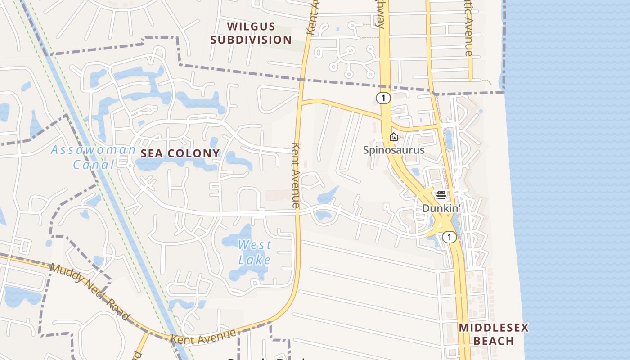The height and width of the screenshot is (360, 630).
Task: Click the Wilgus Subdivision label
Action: click(x=251, y=33)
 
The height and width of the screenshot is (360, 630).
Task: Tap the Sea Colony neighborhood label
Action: click(x=180, y=153)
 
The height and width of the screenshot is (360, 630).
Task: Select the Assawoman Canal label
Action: click(x=94, y=157)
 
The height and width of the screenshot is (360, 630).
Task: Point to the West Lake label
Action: click(x=255, y=252)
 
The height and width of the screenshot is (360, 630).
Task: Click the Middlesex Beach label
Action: click(x=494, y=334)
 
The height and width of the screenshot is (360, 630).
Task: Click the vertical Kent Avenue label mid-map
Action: click(x=296, y=175)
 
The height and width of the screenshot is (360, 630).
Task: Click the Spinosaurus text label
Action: click(x=394, y=150)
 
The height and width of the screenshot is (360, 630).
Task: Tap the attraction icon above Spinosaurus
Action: click(x=394, y=137)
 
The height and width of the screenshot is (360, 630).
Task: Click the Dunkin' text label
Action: click(x=442, y=209)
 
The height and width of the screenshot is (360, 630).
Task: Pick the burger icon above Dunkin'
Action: click(x=441, y=195)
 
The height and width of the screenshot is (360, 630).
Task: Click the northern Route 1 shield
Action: click(x=383, y=98)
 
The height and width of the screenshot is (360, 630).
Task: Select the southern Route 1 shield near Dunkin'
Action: click(x=449, y=237)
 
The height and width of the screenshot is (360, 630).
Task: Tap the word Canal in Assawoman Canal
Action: click(x=94, y=165)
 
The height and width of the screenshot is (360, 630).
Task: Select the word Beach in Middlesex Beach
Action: click(x=494, y=341)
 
